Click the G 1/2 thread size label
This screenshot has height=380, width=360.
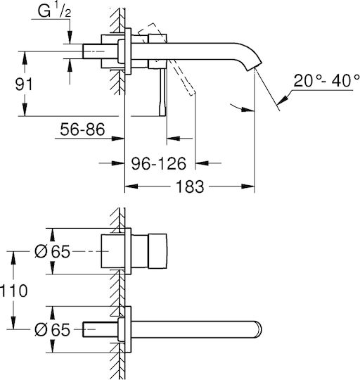pyautogui.click(x=54, y=11)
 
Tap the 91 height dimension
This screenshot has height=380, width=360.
pyautogui.click(x=23, y=84)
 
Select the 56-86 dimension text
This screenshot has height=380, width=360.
pyautogui.click(x=82, y=129)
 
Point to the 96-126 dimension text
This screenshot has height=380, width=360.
pyautogui.click(x=159, y=163)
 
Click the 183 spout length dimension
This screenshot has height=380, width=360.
pyautogui.click(x=190, y=186)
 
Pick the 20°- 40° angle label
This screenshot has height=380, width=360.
pyautogui.click(x=326, y=81)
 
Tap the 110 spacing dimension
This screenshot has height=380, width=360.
pyautogui.click(x=13, y=291)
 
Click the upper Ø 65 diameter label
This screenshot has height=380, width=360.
pyautogui.click(x=52, y=251)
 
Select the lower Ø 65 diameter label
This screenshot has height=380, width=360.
pyautogui.click(x=52, y=329)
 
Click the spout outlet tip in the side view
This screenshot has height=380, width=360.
pyautogui.click(x=255, y=66)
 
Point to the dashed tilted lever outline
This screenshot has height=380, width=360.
pyautogui.click(x=167, y=58)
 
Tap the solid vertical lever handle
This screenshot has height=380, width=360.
pyautogui.click(x=163, y=92)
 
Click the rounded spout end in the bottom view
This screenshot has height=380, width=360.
pyautogui.click(x=258, y=329)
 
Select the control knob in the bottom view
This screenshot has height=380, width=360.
pyautogui.click(x=157, y=251)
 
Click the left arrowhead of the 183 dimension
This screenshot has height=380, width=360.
pyautogui.click(x=131, y=186)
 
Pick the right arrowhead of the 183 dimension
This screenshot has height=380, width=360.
pyautogui.click(x=248, y=186)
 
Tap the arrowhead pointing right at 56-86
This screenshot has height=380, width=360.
pyautogui.click(x=118, y=139)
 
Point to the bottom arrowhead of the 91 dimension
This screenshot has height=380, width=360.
pyautogui.click(x=25, y=110)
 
